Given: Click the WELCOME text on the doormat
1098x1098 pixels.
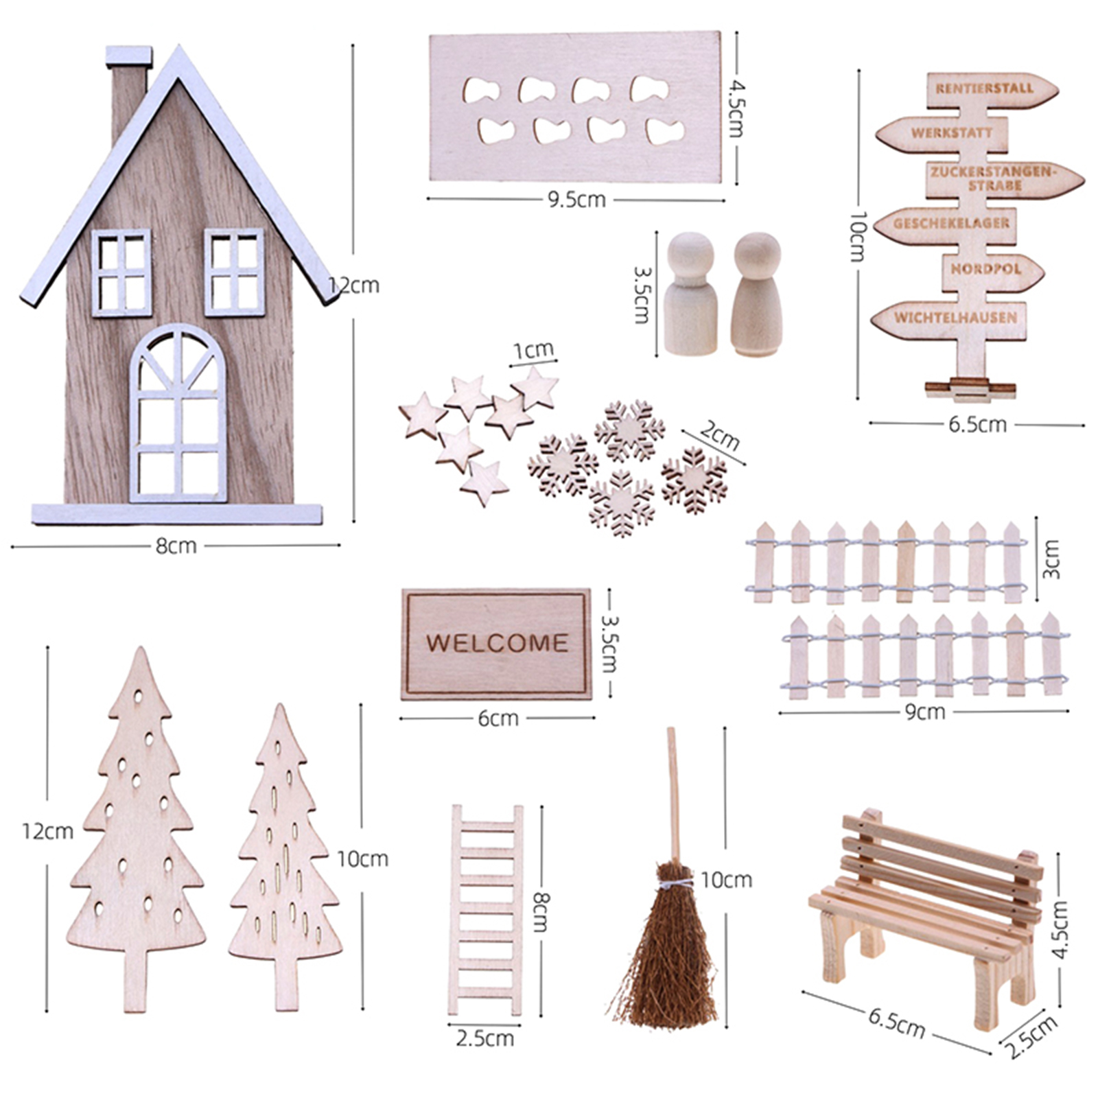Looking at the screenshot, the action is click(497, 643).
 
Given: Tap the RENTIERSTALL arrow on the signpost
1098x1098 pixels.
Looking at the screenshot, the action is click(992, 90).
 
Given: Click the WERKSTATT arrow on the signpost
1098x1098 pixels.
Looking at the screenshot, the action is click(943, 134).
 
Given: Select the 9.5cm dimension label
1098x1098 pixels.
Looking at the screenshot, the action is click(576, 200).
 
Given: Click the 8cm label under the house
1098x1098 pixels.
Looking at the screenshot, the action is click(176, 546).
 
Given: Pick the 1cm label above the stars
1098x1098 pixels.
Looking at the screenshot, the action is click(533, 351).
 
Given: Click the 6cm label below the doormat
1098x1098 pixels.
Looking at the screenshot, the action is click(498, 719).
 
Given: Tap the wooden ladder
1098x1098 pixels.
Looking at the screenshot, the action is click(485, 910).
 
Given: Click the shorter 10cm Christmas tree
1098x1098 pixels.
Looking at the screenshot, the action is click(285, 858).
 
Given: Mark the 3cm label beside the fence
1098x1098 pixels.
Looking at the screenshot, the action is click(1050, 559).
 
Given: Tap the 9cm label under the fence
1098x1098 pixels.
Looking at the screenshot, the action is click(924, 712).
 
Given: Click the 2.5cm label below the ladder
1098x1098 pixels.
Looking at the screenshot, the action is click(484, 1038).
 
